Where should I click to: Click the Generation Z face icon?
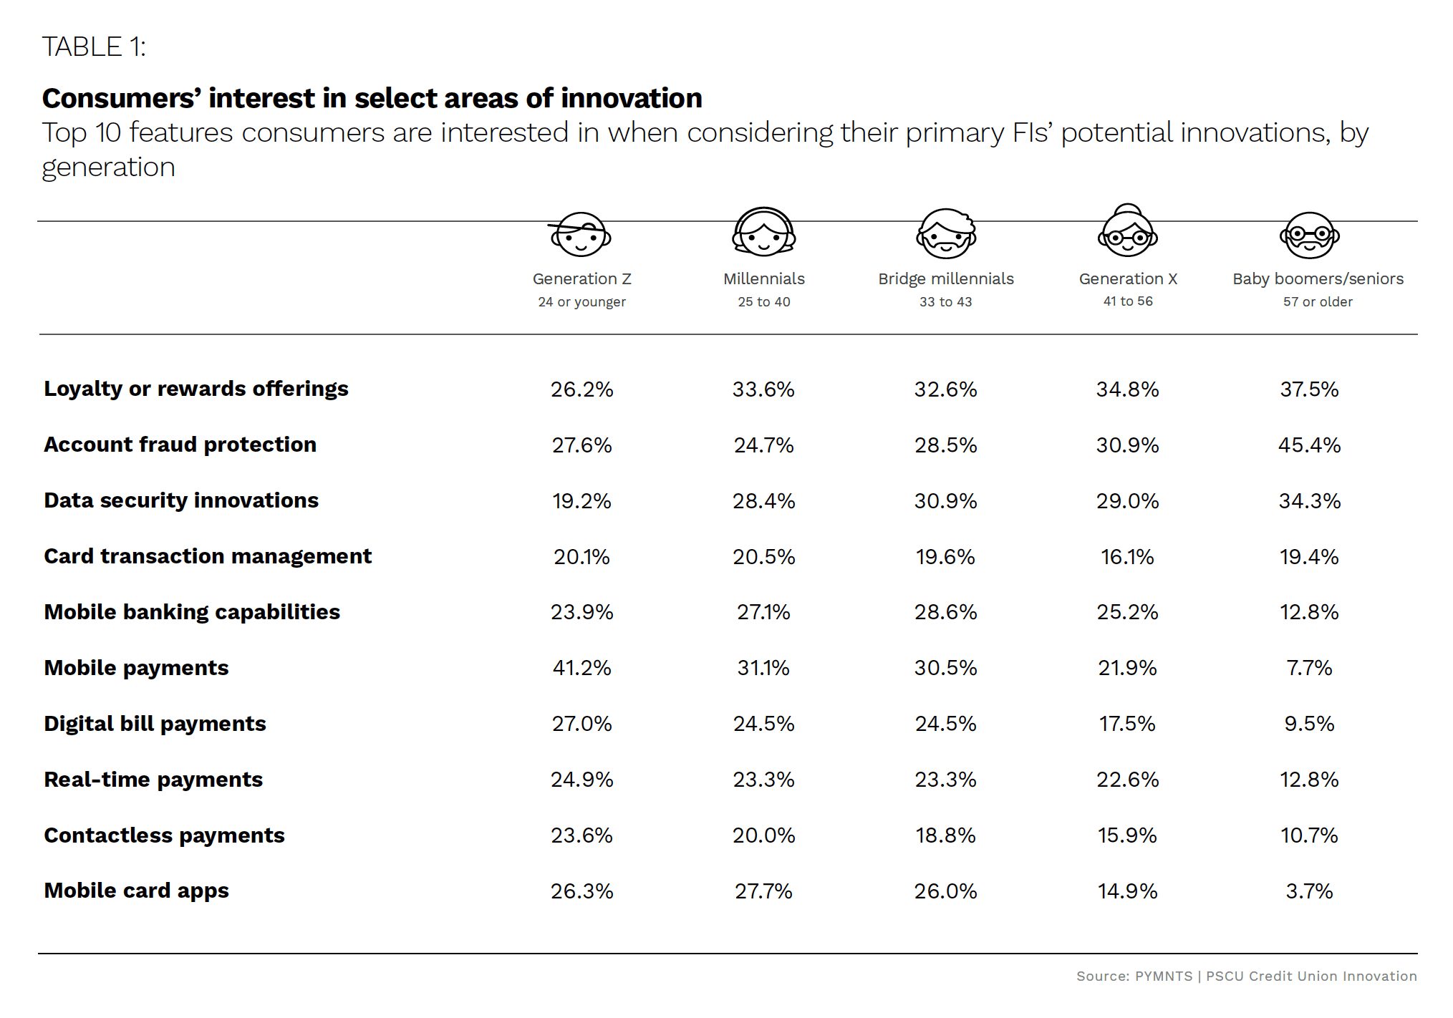pyautogui.click(x=581, y=234)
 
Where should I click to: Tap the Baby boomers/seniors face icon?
pyautogui.click(x=1310, y=235)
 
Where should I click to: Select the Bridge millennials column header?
pyautogui.click(x=946, y=278)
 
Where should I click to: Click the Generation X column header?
pyautogui.click(x=1128, y=278)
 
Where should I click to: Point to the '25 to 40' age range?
pyautogui.click(x=764, y=302)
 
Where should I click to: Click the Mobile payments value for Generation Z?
pyautogui.click(x=581, y=668)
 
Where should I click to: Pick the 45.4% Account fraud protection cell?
pyautogui.click(x=1309, y=445)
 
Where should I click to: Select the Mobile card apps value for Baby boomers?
pyautogui.click(x=1309, y=891)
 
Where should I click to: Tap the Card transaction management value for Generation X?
pyautogui.click(x=1127, y=557)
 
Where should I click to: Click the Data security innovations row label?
pyautogui.click(x=181, y=500)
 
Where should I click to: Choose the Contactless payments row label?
pyautogui.click(x=164, y=835)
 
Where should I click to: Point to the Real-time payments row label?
pyautogui.click(x=153, y=780)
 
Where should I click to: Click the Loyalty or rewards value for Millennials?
pyautogui.click(x=763, y=389)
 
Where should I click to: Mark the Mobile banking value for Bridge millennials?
pyautogui.click(x=945, y=612)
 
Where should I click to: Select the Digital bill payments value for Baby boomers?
pyautogui.click(x=1309, y=724)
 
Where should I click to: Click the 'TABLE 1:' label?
pyautogui.click(x=94, y=47)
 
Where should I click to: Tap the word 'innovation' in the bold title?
pyautogui.click(x=631, y=98)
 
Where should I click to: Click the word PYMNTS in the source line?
pyautogui.click(x=1164, y=976)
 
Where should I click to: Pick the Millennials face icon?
pyautogui.click(x=763, y=233)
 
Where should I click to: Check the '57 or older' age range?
pyautogui.click(x=1318, y=302)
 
